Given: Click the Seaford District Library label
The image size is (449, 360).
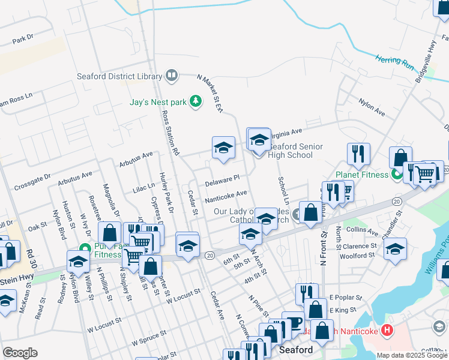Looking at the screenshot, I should (x=119, y=76).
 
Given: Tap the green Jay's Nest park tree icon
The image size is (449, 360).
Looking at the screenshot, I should (x=195, y=101).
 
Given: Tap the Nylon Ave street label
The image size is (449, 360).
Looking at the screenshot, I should (x=372, y=107).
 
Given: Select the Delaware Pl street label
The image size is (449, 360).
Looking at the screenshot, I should (x=222, y=179).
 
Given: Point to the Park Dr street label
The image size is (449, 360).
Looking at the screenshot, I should (x=22, y=41).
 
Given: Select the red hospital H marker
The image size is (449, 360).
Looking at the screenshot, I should (x=387, y=330).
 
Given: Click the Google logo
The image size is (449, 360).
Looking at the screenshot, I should (x=20, y=352).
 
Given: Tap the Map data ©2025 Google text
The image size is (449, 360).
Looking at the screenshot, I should (x=411, y=355).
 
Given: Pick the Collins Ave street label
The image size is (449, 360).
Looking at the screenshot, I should (x=362, y=231).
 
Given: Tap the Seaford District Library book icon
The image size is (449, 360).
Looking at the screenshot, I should (x=172, y=76).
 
